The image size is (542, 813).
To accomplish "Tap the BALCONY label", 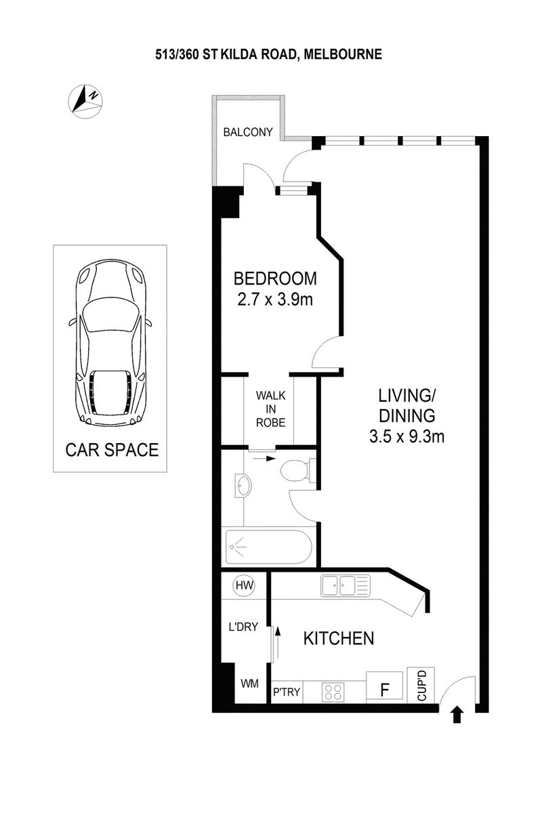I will (x=248, y=132).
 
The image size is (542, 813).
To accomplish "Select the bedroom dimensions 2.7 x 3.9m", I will (x=275, y=299).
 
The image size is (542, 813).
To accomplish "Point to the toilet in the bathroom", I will (x=296, y=470).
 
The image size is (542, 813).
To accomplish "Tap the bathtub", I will (x=269, y=547).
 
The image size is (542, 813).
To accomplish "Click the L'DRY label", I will (x=243, y=627).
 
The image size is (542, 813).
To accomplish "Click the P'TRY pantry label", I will (x=286, y=692).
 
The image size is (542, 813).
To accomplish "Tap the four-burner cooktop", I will (x=333, y=692).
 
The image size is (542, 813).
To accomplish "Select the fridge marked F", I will (x=385, y=687).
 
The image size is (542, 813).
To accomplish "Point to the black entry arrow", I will (x=457, y=713).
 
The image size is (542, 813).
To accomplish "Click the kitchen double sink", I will (x=346, y=584).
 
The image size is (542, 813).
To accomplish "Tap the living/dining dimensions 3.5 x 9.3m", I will (x=406, y=436).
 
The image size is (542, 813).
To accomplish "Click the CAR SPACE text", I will (x=112, y=449).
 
